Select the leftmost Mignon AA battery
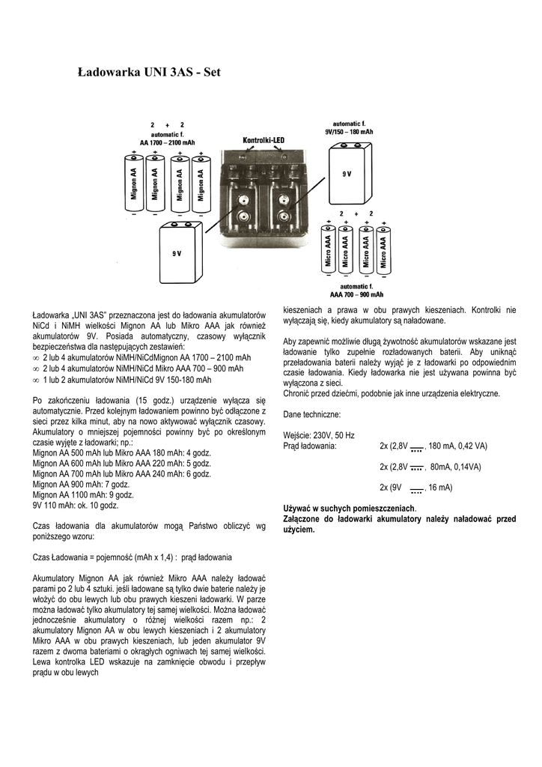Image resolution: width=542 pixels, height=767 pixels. click(x=134, y=182)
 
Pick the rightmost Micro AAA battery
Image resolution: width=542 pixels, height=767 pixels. click(x=383, y=249)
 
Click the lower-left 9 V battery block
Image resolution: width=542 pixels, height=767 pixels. click(x=180, y=254)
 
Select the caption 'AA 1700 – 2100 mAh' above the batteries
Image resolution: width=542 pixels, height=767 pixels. click(x=167, y=142)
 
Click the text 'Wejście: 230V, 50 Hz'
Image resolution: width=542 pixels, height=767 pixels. click(x=320, y=435)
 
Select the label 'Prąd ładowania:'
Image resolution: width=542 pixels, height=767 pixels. click(x=311, y=446)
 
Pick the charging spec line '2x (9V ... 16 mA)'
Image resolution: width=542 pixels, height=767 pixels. click(x=415, y=488)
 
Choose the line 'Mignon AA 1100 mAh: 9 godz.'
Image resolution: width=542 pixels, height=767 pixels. click(x=84, y=495)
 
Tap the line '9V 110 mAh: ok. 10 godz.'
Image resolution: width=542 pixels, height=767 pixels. click(x=76, y=506)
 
